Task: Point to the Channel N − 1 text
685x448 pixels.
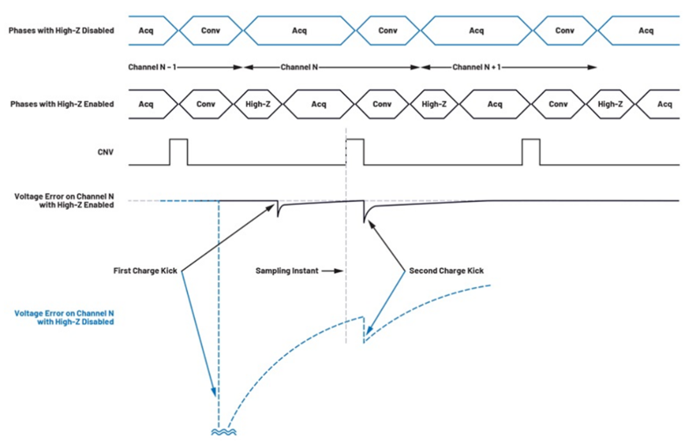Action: (x=152, y=67)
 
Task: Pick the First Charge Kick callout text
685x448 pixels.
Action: (x=146, y=271)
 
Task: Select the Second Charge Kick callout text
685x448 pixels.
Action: (x=445, y=271)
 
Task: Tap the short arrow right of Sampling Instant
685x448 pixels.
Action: (x=331, y=271)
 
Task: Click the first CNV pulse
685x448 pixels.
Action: (x=178, y=151)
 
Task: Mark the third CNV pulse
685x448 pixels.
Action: (x=530, y=151)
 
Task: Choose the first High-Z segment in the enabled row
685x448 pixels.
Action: (x=258, y=105)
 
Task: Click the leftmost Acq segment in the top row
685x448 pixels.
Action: (x=147, y=31)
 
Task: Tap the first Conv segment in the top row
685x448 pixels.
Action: (x=211, y=31)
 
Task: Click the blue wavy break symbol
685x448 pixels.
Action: (x=218, y=432)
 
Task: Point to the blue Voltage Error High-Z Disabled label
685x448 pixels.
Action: (x=62, y=317)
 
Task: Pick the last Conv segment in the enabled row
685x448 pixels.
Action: (x=558, y=105)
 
